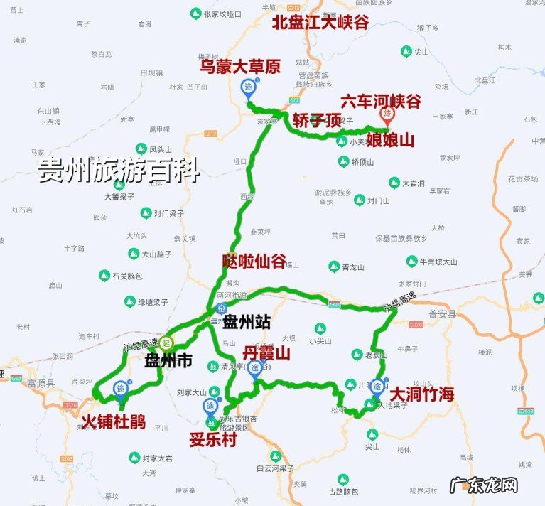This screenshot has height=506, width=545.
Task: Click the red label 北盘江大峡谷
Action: tap(320, 22)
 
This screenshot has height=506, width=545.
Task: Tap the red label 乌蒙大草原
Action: tap(239, 67)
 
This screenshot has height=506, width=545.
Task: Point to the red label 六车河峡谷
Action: tap(381, 101)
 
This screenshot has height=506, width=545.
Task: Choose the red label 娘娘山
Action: tap(390, 140)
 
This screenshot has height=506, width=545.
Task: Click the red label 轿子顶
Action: tap(317, 120)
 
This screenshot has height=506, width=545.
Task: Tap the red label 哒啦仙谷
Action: tap(254, 261)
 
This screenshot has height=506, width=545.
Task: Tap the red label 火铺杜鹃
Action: tap(114, 421)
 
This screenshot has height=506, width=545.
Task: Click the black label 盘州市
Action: tap(168, 361)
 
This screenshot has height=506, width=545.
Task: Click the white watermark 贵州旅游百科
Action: tap(119, 171)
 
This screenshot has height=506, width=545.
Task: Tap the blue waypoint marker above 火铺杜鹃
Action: tap(121, 389)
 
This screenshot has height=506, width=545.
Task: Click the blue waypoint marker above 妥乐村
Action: tap(210, 407)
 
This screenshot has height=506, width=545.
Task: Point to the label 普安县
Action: tap(441, 312)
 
